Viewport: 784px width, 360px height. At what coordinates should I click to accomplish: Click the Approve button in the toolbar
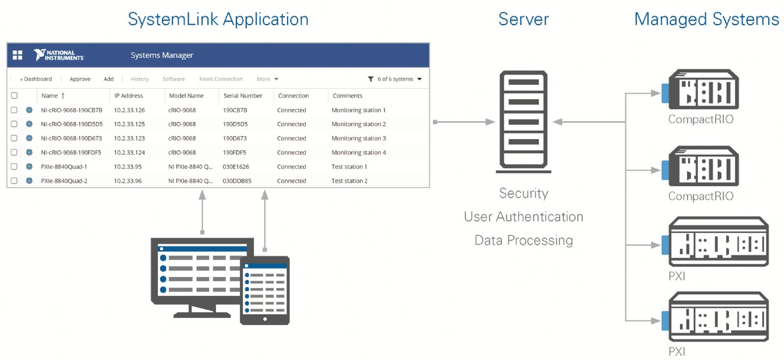pyautogui.click(x=80, y=79)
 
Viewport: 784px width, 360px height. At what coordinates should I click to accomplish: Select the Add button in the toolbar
pyautogui.click(x=108, y=79)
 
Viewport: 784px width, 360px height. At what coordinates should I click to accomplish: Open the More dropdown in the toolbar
pyautogui.click(x=268, y=79)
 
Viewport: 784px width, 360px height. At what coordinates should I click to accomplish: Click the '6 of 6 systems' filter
pyautogui.click(x=395, y=79)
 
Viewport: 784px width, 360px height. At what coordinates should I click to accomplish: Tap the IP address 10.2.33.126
pyautogui.click(x=129, y=110)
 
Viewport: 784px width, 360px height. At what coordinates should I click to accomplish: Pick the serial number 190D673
pyautogui.click(x=235, y=138)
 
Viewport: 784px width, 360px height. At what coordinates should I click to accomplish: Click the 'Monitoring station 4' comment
pyautogui.click(x=359, y=152)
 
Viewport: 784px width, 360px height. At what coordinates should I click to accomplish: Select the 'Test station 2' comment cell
pyautogui.click(x=349, y=181)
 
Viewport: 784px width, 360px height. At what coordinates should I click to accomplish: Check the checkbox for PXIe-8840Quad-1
pyautogui.click(x=14, y=167)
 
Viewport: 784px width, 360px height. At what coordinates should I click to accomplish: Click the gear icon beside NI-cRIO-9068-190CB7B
pyautogui.click(x=29, y=110)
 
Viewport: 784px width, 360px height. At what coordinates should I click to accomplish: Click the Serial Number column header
pyautogui.click(x=243, y=96)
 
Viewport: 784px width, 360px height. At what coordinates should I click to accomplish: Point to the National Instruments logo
pyautogui.click(x=59, y=55)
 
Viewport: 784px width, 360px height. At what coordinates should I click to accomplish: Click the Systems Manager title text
pyautogui.click(x=162, y=55)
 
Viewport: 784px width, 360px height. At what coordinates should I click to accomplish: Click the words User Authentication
pyautogui.click(x=523, y=216)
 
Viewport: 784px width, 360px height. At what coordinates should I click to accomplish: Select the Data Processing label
pyautogui.click(x=523, y=240)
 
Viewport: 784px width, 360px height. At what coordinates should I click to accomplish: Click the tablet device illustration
pyautogui.click(x=265, y=290)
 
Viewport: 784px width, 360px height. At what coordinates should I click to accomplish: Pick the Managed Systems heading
pyautogui.click(x=706, y=19)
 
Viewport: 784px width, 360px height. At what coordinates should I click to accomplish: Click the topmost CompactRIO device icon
pyautogui.click(x=703, y=90)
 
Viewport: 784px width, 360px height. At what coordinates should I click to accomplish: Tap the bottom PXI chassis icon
pyautogui.click(x=718, y=317)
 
